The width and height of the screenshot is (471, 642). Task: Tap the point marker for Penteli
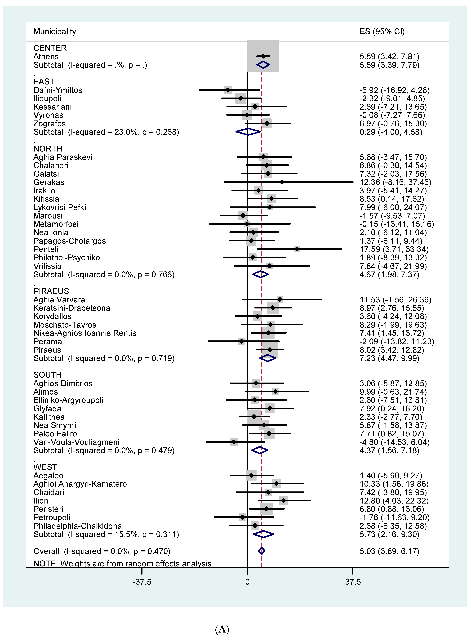coord(297,249)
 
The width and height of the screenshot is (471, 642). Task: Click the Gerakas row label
coord(49,182)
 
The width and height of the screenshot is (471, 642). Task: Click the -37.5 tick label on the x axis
coord(142,582)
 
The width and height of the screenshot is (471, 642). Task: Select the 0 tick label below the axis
coord(247,582)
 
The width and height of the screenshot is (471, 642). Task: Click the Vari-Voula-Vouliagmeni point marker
coord(234,442)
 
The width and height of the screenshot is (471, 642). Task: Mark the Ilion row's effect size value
coord(394,501)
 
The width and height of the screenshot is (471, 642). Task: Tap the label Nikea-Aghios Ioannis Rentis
coord(85,333)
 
